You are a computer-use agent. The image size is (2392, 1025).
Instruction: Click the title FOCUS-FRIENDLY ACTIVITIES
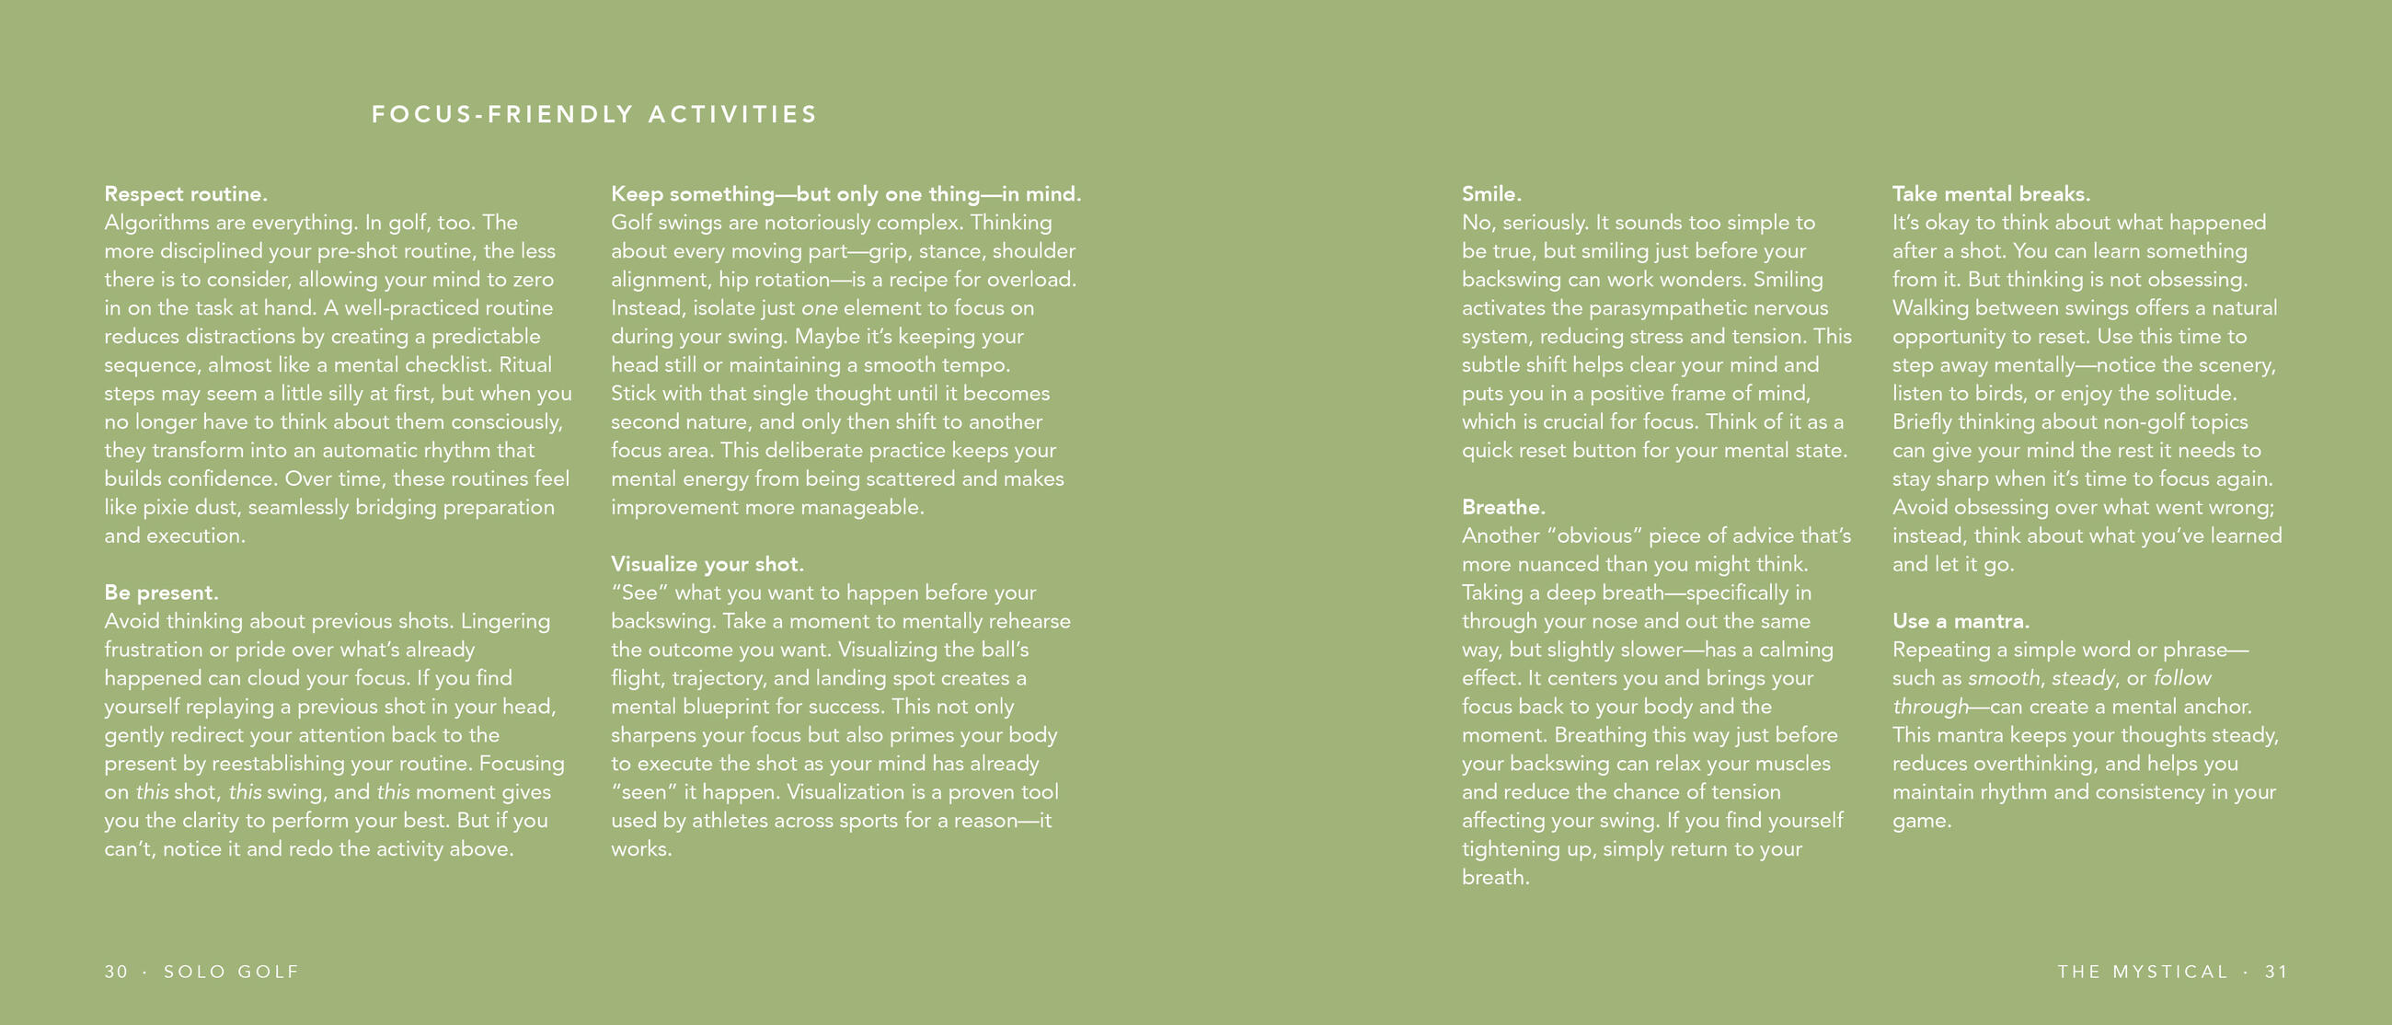(x=594, y=114)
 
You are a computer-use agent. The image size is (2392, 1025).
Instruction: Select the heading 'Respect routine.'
(x=186, y=194)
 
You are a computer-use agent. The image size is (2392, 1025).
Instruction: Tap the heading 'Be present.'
(x=162, y=593)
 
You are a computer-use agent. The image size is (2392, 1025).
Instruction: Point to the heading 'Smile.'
(x=1491, y=194)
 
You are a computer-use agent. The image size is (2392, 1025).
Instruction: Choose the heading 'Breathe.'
(x=1503, y=507)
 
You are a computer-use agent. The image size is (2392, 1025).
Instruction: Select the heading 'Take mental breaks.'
(x=1991, y=194)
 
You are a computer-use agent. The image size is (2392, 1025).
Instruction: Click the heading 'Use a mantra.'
(x=1961, y=621)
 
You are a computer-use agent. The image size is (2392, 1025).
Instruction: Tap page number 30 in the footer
(x=116, y=971)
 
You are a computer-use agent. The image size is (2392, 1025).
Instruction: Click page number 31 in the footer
(x=2276, y=971)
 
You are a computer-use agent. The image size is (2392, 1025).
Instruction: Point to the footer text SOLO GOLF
(x=232, y=971)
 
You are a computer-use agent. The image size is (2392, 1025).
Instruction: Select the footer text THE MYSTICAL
(x=2142, y=971)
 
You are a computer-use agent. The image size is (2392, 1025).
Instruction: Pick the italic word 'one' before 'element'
(x=819, y=308)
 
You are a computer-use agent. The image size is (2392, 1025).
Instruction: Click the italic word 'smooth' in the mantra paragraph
(x=2004, y=679)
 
